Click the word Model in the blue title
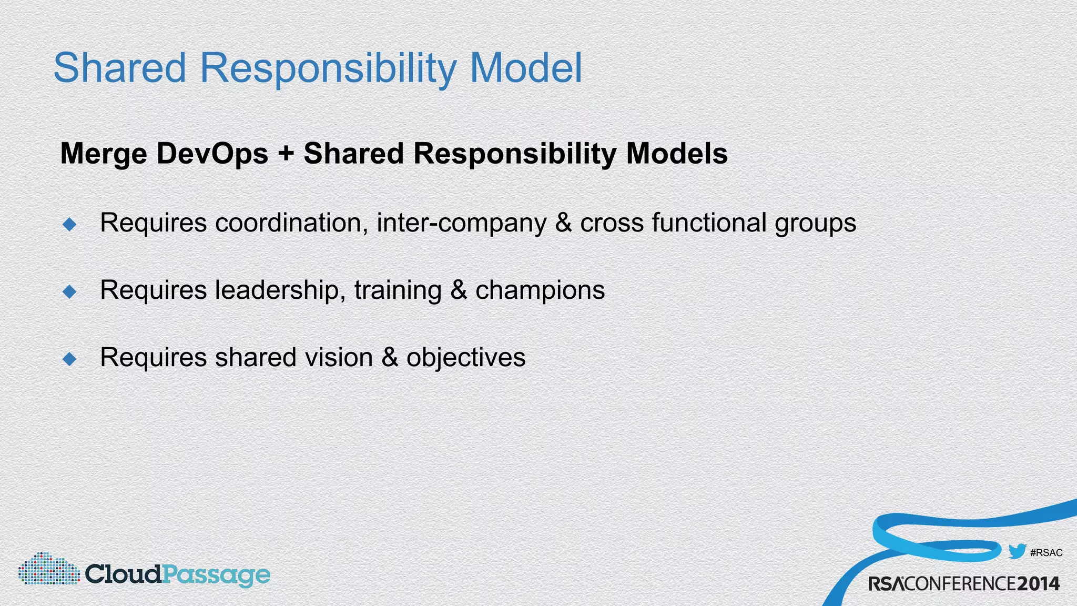tap(526, 68)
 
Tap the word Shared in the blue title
tap(120, 68)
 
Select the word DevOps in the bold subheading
tap(212, 154)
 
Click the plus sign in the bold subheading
tap(286, 154)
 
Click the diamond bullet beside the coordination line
tap(69, 225)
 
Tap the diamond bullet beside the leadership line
tap(69, 291)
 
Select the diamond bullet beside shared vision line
tap(69, 359)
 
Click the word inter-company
tap(461, 224)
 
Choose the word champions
tap(540, 290)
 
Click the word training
tap(398, 290)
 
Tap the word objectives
tap(465, 358)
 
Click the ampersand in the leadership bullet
tap(459, 290)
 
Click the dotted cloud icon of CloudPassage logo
tap(48, 569)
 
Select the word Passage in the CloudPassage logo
tap(216, 575)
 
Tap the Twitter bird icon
tap(1017, 552)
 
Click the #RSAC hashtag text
tap(1046, 553)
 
